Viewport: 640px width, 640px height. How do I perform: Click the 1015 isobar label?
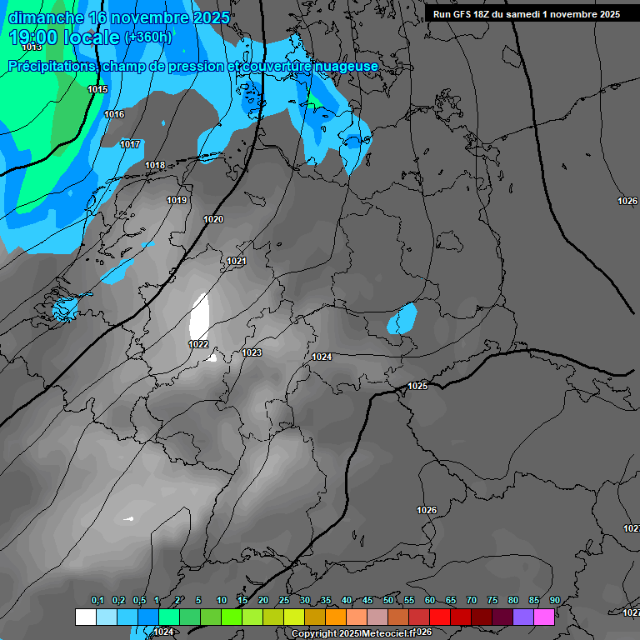point(97,89)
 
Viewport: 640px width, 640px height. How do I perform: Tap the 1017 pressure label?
point(130,144)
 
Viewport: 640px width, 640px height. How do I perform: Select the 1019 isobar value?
point(177,200)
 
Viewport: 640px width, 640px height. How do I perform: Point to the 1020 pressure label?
point(213,219)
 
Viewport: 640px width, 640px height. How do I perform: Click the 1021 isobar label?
point(237,261)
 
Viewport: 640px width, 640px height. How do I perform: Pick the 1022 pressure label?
point(198,344)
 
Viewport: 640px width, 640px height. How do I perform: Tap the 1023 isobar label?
point(252,352)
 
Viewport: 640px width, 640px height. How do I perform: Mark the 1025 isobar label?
point(417,386)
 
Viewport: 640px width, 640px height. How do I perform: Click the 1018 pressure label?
point(155,165)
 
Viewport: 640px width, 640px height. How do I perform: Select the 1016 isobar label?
point(114,114)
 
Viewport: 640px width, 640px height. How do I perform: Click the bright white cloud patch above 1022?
point(199,316)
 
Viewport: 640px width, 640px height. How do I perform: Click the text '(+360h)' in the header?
point(147,37)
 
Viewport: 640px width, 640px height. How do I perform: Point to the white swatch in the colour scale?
point(85,617)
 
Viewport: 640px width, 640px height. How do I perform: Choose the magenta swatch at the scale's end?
point(544,617)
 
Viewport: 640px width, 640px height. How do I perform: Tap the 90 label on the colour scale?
point(554,600)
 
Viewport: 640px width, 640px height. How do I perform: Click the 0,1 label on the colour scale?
point(97,600)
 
